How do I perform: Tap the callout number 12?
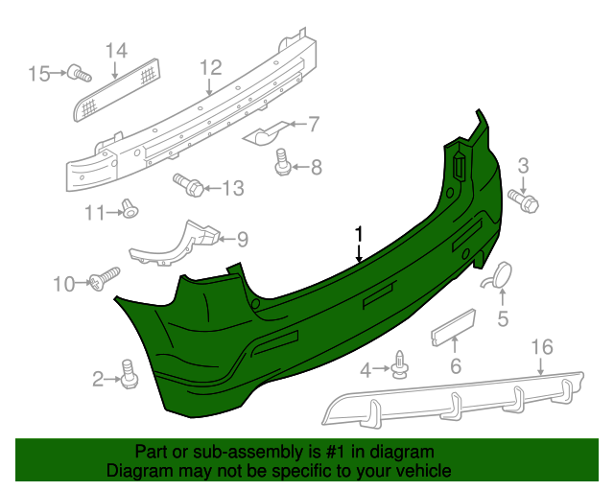[210, 67]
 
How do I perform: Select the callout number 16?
[542, 346]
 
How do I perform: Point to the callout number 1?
[359, 233]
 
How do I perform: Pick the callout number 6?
[456, 365]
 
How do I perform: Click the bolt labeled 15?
[80, 72]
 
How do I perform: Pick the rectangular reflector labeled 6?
[454, 329]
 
